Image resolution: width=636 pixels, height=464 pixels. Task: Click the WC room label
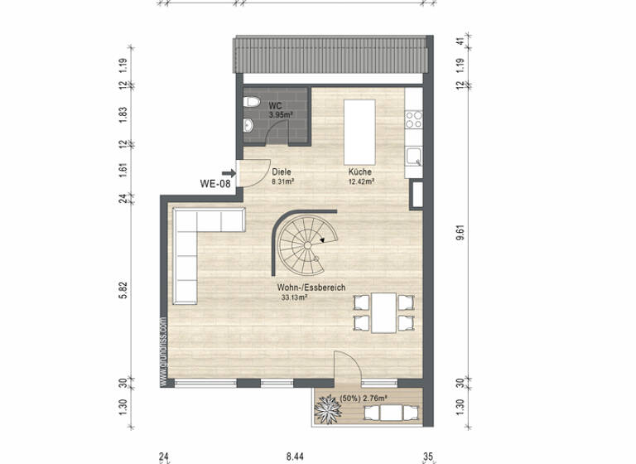click(x=275, y=106)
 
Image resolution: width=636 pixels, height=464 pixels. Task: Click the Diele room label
click(x=282, y=172)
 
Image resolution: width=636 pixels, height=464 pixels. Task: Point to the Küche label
click(x=359, y=172)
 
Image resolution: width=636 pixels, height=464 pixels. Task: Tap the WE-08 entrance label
click(x=214, y=184)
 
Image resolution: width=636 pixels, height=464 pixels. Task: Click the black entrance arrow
click(x=229, y=173)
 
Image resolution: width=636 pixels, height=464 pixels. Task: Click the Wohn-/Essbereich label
click(x=311, y=288)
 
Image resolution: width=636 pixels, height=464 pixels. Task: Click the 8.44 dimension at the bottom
click(x=295, y=454)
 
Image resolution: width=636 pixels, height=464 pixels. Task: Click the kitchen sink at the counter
click(x=412, y=155)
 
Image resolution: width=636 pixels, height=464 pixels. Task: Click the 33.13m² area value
click(x=294, y=296)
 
